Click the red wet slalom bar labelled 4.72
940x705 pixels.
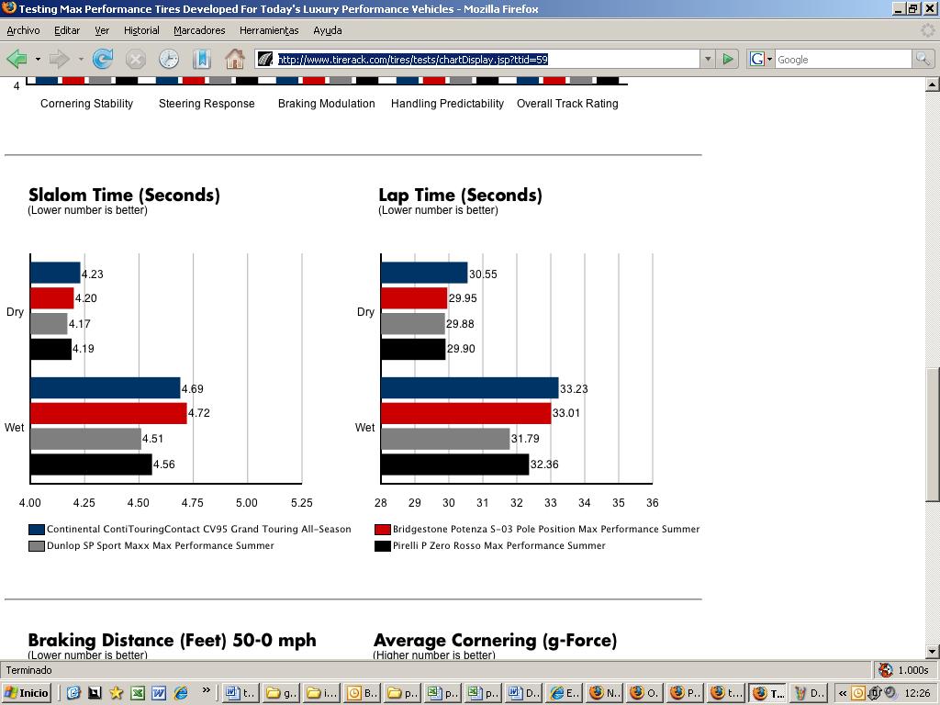pyautogui.click(x=108, y=413)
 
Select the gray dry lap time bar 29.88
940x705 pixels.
pyautogui.click(x=413, y=324)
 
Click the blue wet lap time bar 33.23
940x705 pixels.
pyautogui.click(x=469, y=388)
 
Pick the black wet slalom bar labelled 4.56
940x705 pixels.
pyautogui.click(x=91, y=464)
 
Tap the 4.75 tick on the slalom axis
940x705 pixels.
pyautogui.click(x=193, y=503)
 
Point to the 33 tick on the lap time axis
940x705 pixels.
pyautogui.click(x=551, y=503)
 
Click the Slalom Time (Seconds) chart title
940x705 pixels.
pyautogui.click(x=124, y=195)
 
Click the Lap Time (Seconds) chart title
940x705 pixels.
pyautogui.click(x=460, y=195)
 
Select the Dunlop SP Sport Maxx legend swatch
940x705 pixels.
pyautogui.click(x=37, y=546)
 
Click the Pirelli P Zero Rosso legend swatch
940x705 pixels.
pyautogui.click(x=383, y=546)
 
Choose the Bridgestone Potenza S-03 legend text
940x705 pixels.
pyautogui.click(x=545, y=530)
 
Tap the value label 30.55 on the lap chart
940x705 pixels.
pyautogui.click(x=483, y=274)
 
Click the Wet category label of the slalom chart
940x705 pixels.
pyautogui.click(x=15, y=428)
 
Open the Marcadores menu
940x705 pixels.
pyautogui.click(x=199, y=30)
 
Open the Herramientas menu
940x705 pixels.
pyautogui.click(x=269, y=30)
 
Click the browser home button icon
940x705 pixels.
pyautogui.click(x=235, y=59)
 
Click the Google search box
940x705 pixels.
pyautogui.click(x=842, y=59)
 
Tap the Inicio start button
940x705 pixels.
pyautogui.click(x=28, y=693)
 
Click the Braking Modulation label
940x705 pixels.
pyautogui.click(x=326, y=104)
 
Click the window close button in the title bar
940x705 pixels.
pyautogui.click(x=928, y=8)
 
